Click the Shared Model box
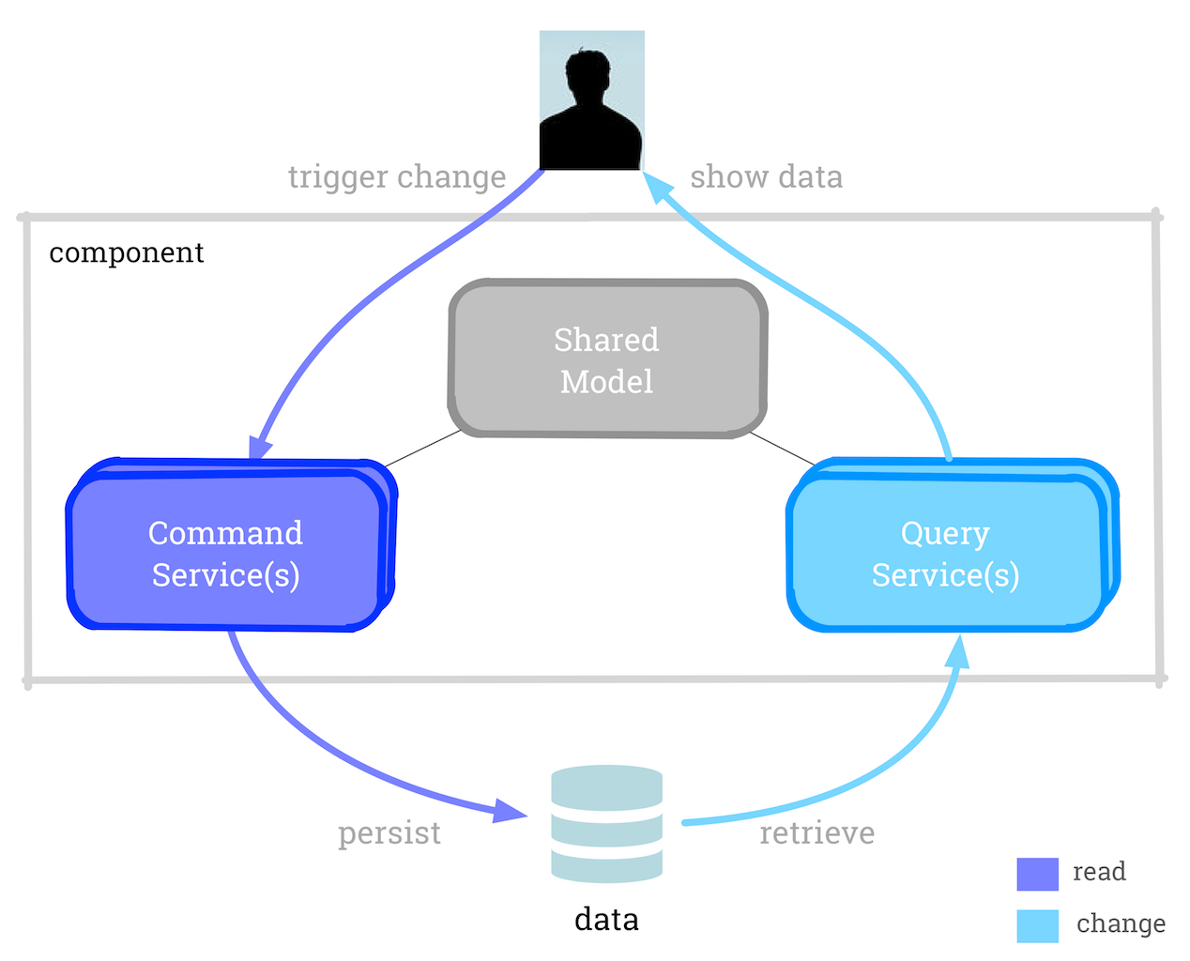pyautogui.click(x=607, y=359)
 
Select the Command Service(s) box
pyautogui.click(x=226, y=553)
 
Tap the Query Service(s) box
pyautogui.click(x=946, y=553)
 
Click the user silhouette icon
pyautogui.click(x=591, y=100)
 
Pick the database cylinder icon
pyautogui.click(x=607, y=823)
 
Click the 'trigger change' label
pyautogui.click(x=397, y=177)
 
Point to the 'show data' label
pyautogui.click(x=766, y=177)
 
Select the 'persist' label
pyautogui.click(x=389, y=833)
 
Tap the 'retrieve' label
pyautogui.click(x=816, y=833)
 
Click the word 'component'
pyautogui.click(x=126, y=253)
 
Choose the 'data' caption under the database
pyautogui.click(x=606, y=919)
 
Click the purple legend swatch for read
pyautogui.click(x=1037, y=874)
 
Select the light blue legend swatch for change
pyautogui.click(x=1037, y=925)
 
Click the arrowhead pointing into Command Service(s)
pyautogui.click(x=260, y=448)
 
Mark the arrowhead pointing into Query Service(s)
pyautogui.click(x=957, y=651)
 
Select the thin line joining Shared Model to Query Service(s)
pyautogui.click(x=783, y=448)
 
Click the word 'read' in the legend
pyautogui.click(x=1099, y=872)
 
